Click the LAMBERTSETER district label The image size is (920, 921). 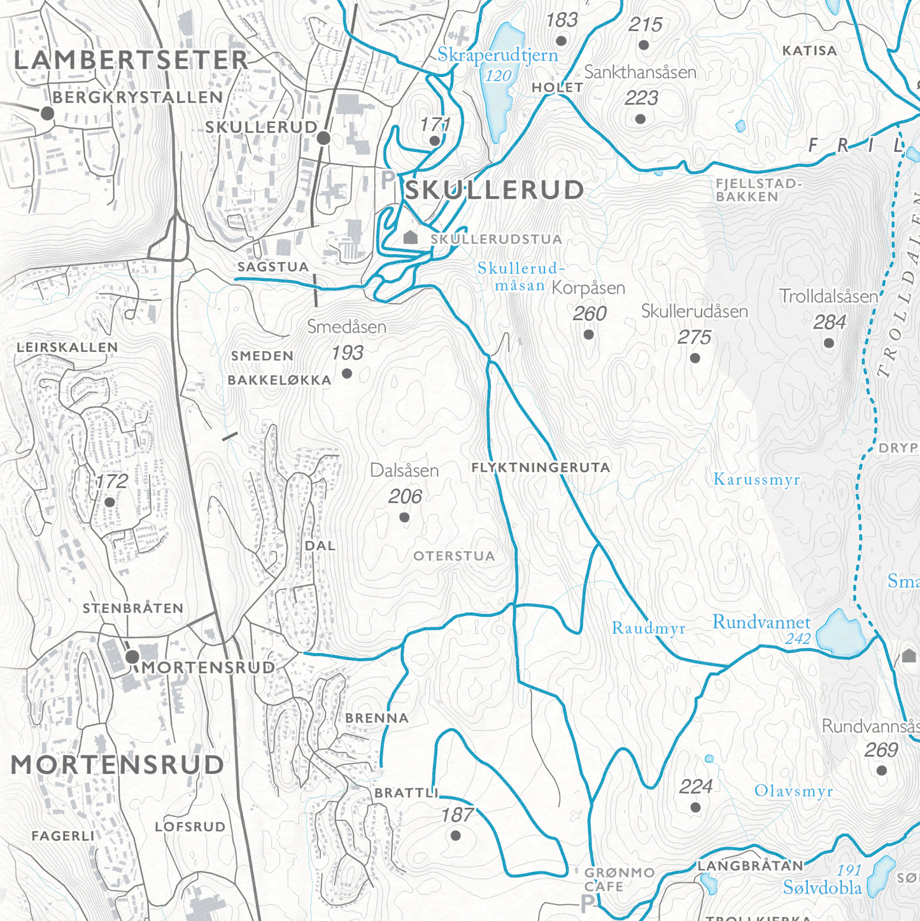click(131, 60)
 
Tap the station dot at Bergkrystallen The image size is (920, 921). click(47, 114)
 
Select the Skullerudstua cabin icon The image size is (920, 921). click(411, 237)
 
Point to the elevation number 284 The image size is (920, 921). click(829, 323)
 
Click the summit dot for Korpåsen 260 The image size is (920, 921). click(588, 335)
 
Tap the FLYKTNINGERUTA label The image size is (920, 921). click(541, 468)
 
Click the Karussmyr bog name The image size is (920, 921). click(756, 479)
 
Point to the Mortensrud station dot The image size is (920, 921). click(132, 656)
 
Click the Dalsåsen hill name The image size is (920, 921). click(404, 471)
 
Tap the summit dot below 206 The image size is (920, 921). click(404, 517)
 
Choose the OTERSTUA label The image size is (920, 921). click(454, 556)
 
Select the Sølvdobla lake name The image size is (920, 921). click(822, 888)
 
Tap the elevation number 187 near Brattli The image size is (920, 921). click(457, 815)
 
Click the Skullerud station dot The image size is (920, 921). click(323, 137)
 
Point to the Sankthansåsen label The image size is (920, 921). click(640, 73)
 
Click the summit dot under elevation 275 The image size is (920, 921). click(695, 358)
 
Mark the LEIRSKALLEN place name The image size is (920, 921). click(67, 348)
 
